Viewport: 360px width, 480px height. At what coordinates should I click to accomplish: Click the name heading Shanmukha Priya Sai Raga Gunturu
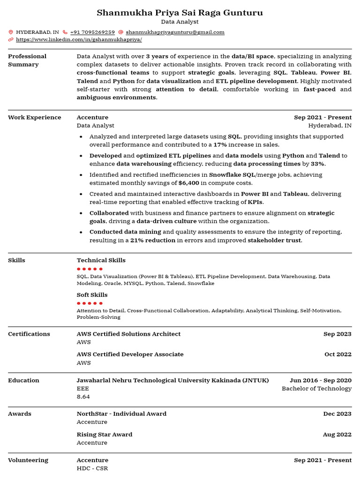point(180,13)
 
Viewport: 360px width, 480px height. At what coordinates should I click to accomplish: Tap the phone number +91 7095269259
point(92,32)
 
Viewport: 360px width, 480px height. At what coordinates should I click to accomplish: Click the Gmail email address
point(175,32)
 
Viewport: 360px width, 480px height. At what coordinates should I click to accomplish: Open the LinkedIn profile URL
point(79,40)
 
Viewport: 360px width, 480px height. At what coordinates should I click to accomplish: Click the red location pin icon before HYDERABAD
point(11,32)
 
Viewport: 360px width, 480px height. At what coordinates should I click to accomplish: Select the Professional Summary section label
point(27,60)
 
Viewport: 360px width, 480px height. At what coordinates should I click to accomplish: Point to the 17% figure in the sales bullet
point(220,145)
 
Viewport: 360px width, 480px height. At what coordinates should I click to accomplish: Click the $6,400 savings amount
point(188,183)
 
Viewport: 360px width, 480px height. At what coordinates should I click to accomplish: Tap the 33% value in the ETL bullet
point(317,164)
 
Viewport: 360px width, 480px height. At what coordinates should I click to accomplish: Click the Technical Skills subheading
point(101,260)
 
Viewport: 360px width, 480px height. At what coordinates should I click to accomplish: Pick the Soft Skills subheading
point(92,295)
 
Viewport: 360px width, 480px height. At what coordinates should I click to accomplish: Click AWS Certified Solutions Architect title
point(128,334)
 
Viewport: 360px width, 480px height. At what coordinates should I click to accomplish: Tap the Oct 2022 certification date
point(337,354)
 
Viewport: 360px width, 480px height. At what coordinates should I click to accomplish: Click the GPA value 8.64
point(83,397)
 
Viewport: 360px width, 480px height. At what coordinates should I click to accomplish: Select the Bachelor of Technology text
point(316,388)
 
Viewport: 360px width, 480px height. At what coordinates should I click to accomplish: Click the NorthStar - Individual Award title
point(121,413)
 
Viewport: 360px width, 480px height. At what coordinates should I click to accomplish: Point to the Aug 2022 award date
point(337,435)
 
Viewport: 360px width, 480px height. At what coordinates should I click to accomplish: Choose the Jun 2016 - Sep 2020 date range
point(320,380)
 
